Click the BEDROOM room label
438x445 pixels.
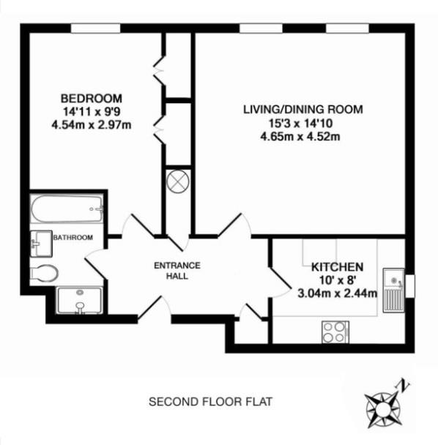tap(92, 99)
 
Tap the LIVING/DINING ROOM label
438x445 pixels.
tap(303, 109)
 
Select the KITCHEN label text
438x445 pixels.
tap(338, 267)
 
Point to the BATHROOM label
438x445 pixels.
tap(73, 238)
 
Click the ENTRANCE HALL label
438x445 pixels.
tap(177, 271)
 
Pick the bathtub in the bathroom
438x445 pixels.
tap(67, 209)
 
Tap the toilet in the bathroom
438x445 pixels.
tap(44, 273)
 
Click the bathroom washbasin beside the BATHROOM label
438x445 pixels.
tap(41, 244)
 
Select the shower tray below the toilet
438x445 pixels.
tap(79, 301)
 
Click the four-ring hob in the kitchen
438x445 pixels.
tap(335, 332)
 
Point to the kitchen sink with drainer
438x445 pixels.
tap(393, 290)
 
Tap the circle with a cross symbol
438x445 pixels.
tap(178, 181)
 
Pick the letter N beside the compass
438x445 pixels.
tap(404, 386)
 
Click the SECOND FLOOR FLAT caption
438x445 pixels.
tap(210, 402)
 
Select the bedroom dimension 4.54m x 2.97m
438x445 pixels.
tap(92, 124)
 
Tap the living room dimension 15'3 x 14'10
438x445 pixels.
tap(301, 123)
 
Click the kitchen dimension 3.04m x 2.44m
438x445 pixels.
tap(338, 293)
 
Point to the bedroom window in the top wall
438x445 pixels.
tap(95, 29)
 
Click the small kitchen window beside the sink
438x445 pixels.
tap(410, 286)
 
